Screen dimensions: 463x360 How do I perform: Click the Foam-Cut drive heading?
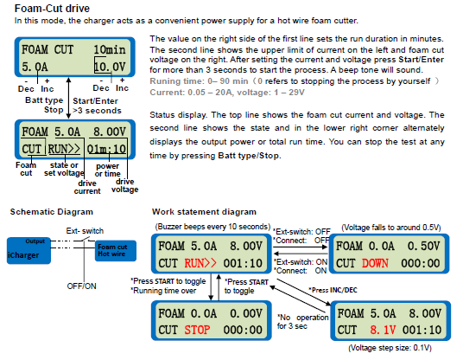(x=52, y=9)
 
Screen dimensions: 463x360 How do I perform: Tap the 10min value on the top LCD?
(x=109, y=49)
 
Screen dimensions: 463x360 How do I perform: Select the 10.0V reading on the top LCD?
(x=110, y=67)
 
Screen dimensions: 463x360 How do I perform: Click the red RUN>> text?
(x=200, y=263)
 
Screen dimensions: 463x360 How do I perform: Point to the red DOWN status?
(x=375, y=263)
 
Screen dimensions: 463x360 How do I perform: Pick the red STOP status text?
(x=197, y=330)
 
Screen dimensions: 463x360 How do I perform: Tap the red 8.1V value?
(x=383, y=330)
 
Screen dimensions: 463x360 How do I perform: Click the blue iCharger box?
(x=29, y=251)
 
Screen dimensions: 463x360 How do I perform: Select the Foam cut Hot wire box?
(x=116, y=251)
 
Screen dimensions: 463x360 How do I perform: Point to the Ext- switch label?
(x=85, y=231)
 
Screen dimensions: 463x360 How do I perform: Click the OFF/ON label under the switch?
(x=81, y=286)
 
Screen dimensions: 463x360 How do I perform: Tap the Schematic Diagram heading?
(x=52, y=212)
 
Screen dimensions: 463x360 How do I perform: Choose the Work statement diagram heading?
(x=204, y=212)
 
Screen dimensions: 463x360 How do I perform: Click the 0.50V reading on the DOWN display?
(x=423, y=246)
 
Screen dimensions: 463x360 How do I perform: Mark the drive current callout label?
(x=87, y=187)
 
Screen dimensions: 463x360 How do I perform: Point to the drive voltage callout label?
(x=125, y=185)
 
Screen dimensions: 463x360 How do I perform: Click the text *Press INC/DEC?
(x=333, y=290)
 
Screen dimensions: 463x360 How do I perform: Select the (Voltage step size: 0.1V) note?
(x=390, y=348)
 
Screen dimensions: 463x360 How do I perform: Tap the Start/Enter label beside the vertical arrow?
(x=95, y=101)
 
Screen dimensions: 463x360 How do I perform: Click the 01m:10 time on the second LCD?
(x=106, y=149)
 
